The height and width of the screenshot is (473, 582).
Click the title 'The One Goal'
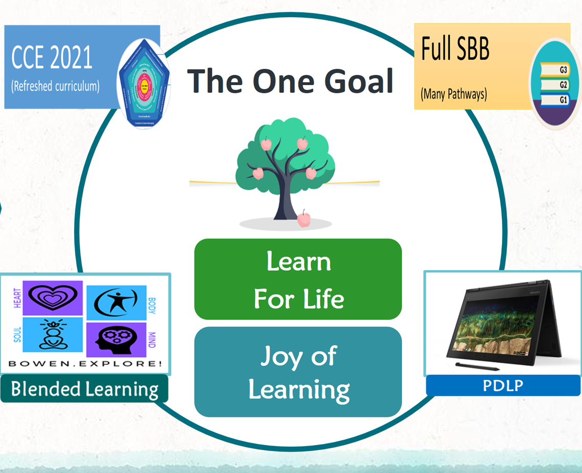pos(290,81)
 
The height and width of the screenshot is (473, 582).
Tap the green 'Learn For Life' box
pos(298,279)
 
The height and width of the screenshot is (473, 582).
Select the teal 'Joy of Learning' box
pos(298,372)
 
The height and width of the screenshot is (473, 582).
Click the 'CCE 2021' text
pos(52,58)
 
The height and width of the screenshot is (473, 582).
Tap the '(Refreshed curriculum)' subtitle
pos(55,86)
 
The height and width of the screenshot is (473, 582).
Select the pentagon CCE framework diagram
pos(144,84)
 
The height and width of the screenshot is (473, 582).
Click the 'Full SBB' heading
pos(455,49)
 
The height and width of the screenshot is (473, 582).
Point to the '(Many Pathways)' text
pos(454,94)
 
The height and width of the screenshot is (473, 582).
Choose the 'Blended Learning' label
pos(84,389)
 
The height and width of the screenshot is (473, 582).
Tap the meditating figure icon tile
pos(52,334)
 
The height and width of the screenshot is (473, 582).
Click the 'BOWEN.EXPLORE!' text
pos(85,364)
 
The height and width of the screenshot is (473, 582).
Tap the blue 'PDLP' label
pos(503,385)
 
